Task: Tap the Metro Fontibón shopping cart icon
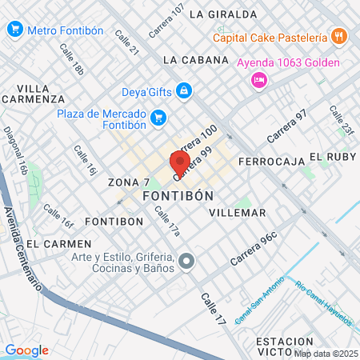pyautogui.click(x=14, y=30)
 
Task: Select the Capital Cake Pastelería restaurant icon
pyautogui.click(x=340, y=37)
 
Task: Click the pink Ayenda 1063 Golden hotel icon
pyautogui.click(x=258, y=79)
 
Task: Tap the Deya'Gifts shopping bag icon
pyautogui.click(x=185, y=90)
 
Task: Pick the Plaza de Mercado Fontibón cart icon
pyautogui.click(x=158, y=118)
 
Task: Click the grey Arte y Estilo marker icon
pyautogui.click(x=187, y=261)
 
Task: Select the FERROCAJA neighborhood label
pyautogui.click(x=272, y=162)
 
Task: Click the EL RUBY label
pyautogui.click(x=331, y=157)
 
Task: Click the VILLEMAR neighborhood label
pyautogui.click(x=236, y=213)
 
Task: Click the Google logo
pyautogui.click(x=26, y=350)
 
